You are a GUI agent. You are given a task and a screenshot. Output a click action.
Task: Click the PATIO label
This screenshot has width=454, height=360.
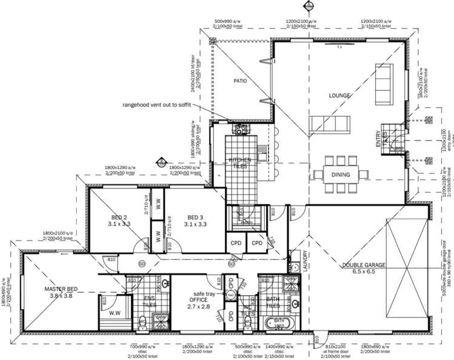click(240, 81)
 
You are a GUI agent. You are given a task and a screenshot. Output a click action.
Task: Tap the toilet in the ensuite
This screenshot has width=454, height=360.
click(142, 322)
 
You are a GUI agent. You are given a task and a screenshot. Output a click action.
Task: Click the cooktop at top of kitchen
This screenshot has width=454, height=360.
click(241, 129)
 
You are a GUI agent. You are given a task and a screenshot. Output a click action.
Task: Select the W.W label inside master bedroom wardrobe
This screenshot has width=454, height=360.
click(114, 313)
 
